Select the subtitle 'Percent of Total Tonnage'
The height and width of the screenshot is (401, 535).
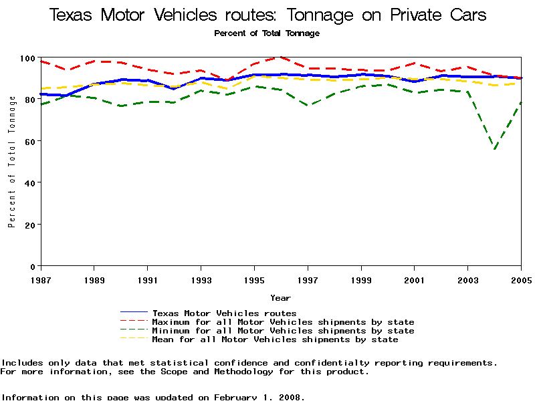[x=267, y=33]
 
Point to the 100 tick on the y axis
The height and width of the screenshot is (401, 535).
[x=28, y=59]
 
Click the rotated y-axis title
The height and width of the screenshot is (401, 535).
[x=12, y=162]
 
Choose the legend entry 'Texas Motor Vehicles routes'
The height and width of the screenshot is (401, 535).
[x=224, y=313]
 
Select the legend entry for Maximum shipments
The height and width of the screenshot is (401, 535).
[x=283, y=322]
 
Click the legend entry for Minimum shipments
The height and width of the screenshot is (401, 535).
[x=283, y=331]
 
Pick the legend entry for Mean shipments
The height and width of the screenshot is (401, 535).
[x=275, y=340]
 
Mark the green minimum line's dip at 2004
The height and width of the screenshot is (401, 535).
[x=495, y=148]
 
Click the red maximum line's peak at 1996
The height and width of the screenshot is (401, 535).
[x=281, y=57]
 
